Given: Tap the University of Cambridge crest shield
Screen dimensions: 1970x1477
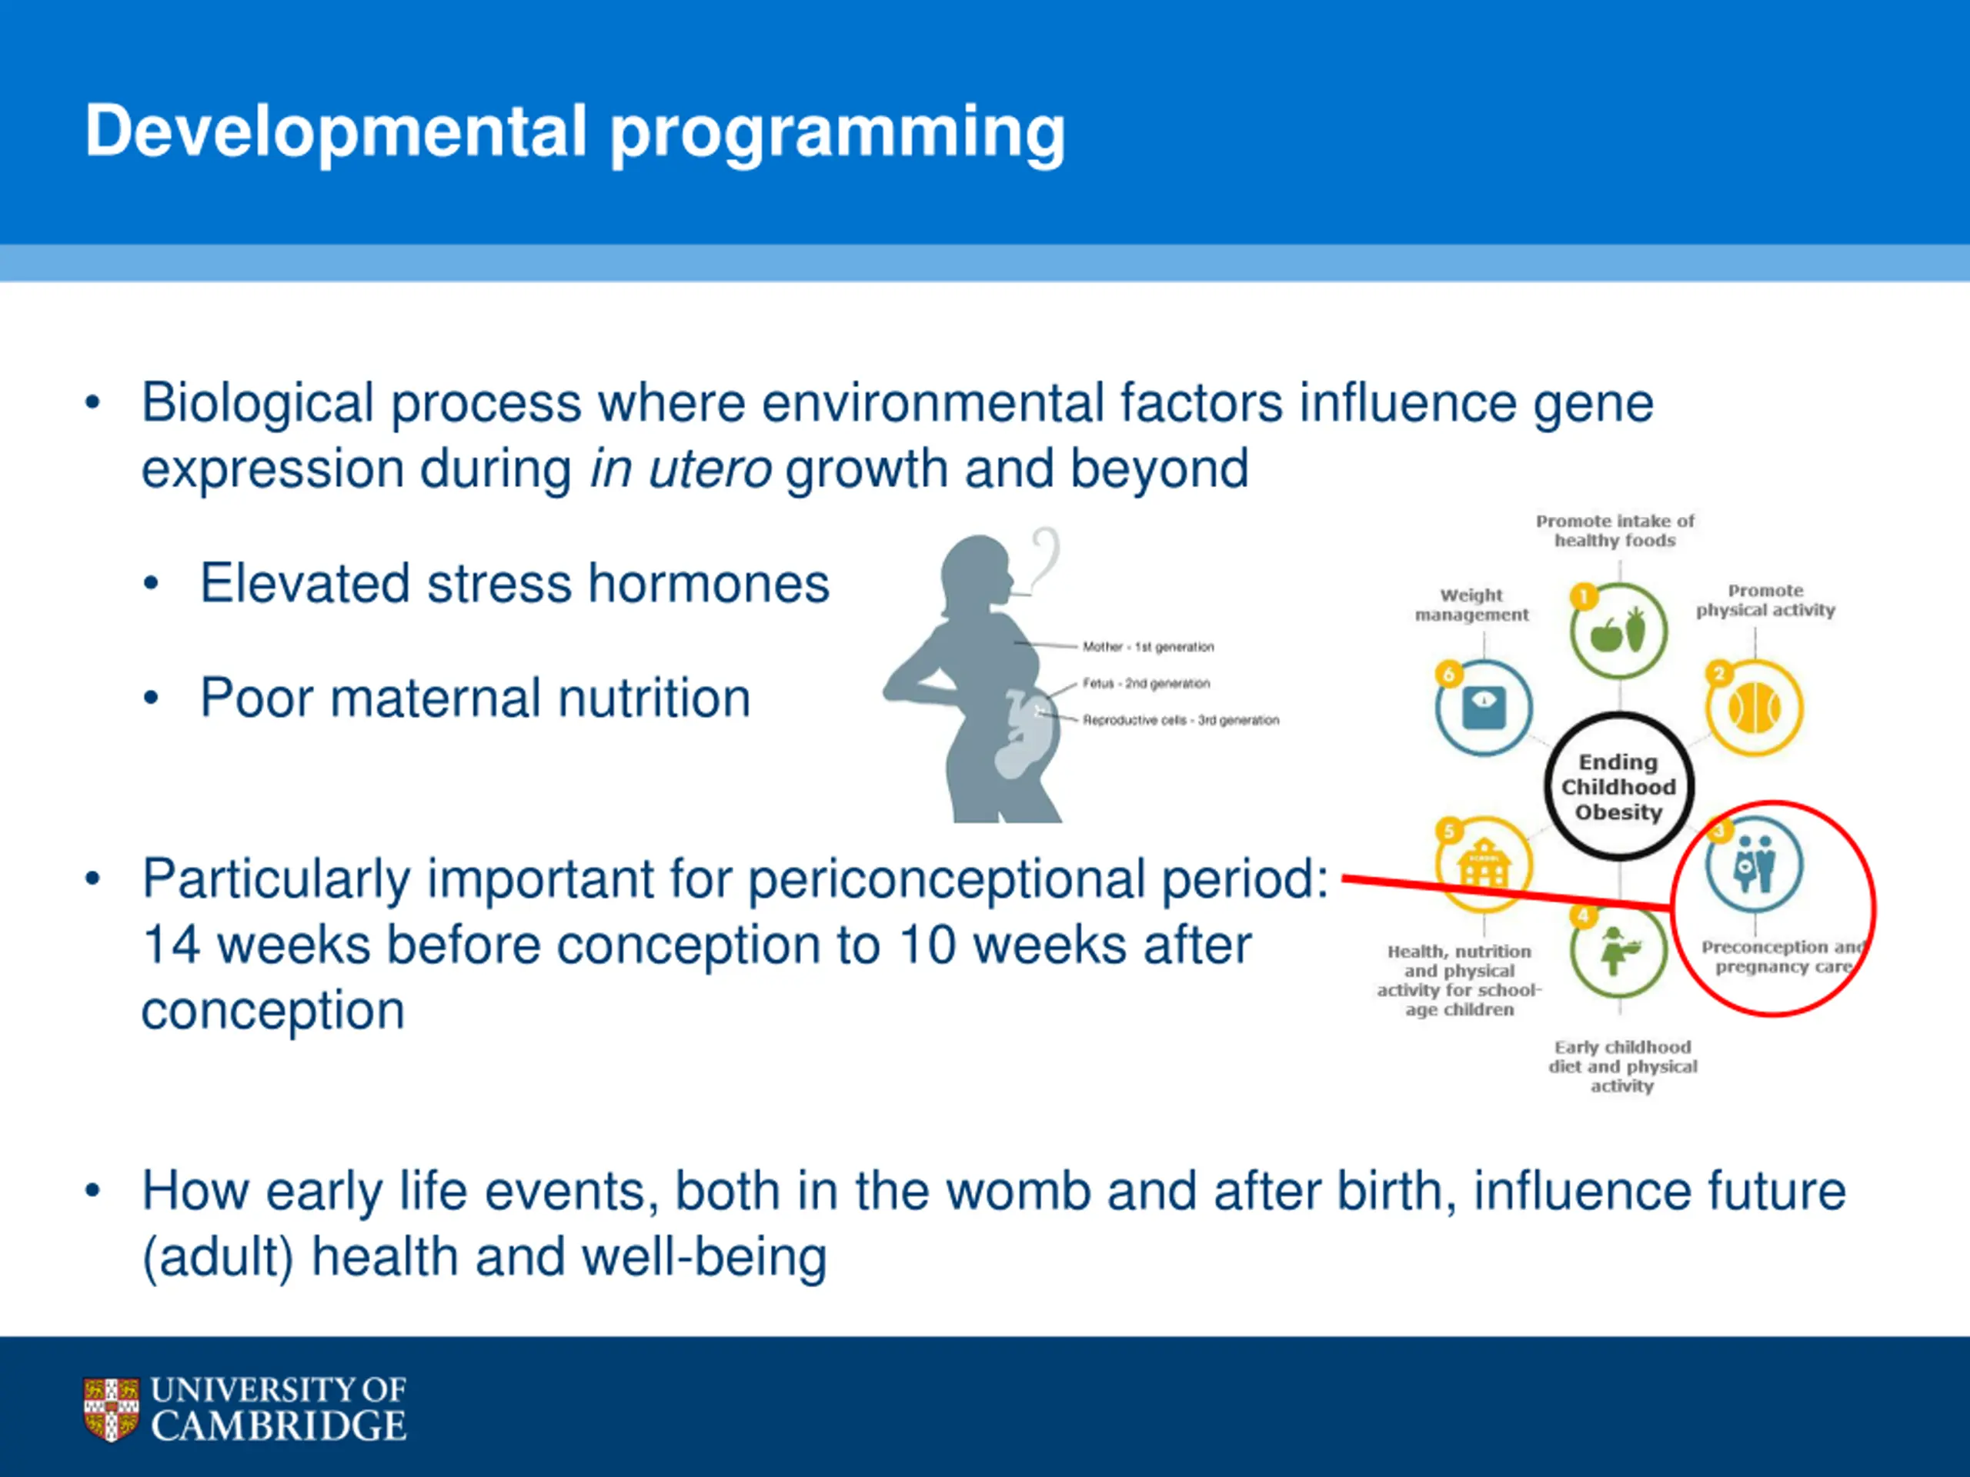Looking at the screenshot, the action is click(x=112, y=1409).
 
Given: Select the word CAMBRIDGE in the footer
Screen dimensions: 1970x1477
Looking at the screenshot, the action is click(x=279, y=1425).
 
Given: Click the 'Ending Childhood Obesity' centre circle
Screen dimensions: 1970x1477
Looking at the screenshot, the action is click(x=1619, y=787).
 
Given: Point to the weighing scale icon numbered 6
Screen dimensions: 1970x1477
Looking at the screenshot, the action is click(x=1484, y=708).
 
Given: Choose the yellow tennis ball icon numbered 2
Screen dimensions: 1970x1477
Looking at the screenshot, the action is click(x=1755, y=708).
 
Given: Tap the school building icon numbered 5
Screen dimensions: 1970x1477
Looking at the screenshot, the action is click(x=1484, y=864).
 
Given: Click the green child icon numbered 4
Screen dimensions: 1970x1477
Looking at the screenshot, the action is click(x=1618, y=951).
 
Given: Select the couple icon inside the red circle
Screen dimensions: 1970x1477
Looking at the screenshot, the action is click(x=1755, y=865).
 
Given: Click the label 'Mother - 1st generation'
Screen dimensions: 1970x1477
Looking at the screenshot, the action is click(x=1148, y=646).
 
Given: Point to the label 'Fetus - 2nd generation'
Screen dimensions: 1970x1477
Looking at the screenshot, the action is click(x=1146, y=683).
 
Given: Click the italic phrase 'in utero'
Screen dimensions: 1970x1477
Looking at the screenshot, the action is click(x=680, y=468).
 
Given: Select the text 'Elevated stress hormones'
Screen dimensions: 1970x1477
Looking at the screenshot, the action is click(x=515, y=583).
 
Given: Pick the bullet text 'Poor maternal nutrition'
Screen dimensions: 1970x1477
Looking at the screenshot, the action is click(x=476, y=697).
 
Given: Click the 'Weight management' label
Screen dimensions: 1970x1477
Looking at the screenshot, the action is click(x=1471, y=605).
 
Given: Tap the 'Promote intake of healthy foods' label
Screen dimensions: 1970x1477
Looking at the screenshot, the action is click(x=1614, y=531).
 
